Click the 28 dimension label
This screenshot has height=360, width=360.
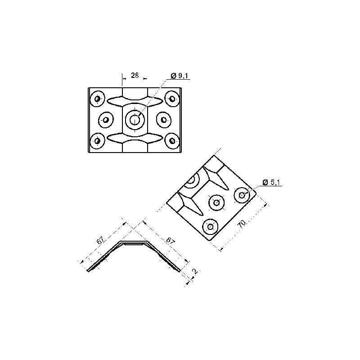(135, 75)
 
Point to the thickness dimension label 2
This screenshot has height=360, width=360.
(195, 271)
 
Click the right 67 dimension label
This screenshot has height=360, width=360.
(171, 241)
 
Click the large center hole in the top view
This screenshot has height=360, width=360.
(135, 119)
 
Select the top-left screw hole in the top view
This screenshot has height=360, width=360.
(97, 99)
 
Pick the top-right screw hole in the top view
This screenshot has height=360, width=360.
(172, 99)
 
